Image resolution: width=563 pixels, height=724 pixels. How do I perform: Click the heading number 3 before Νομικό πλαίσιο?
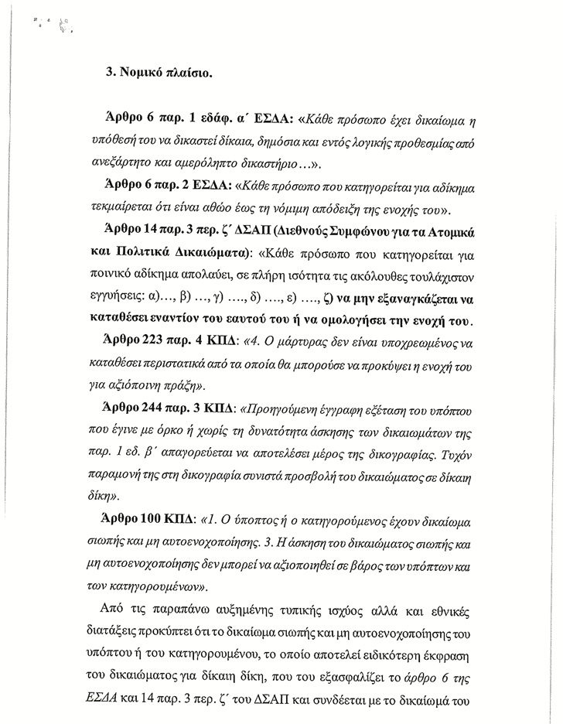110,75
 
